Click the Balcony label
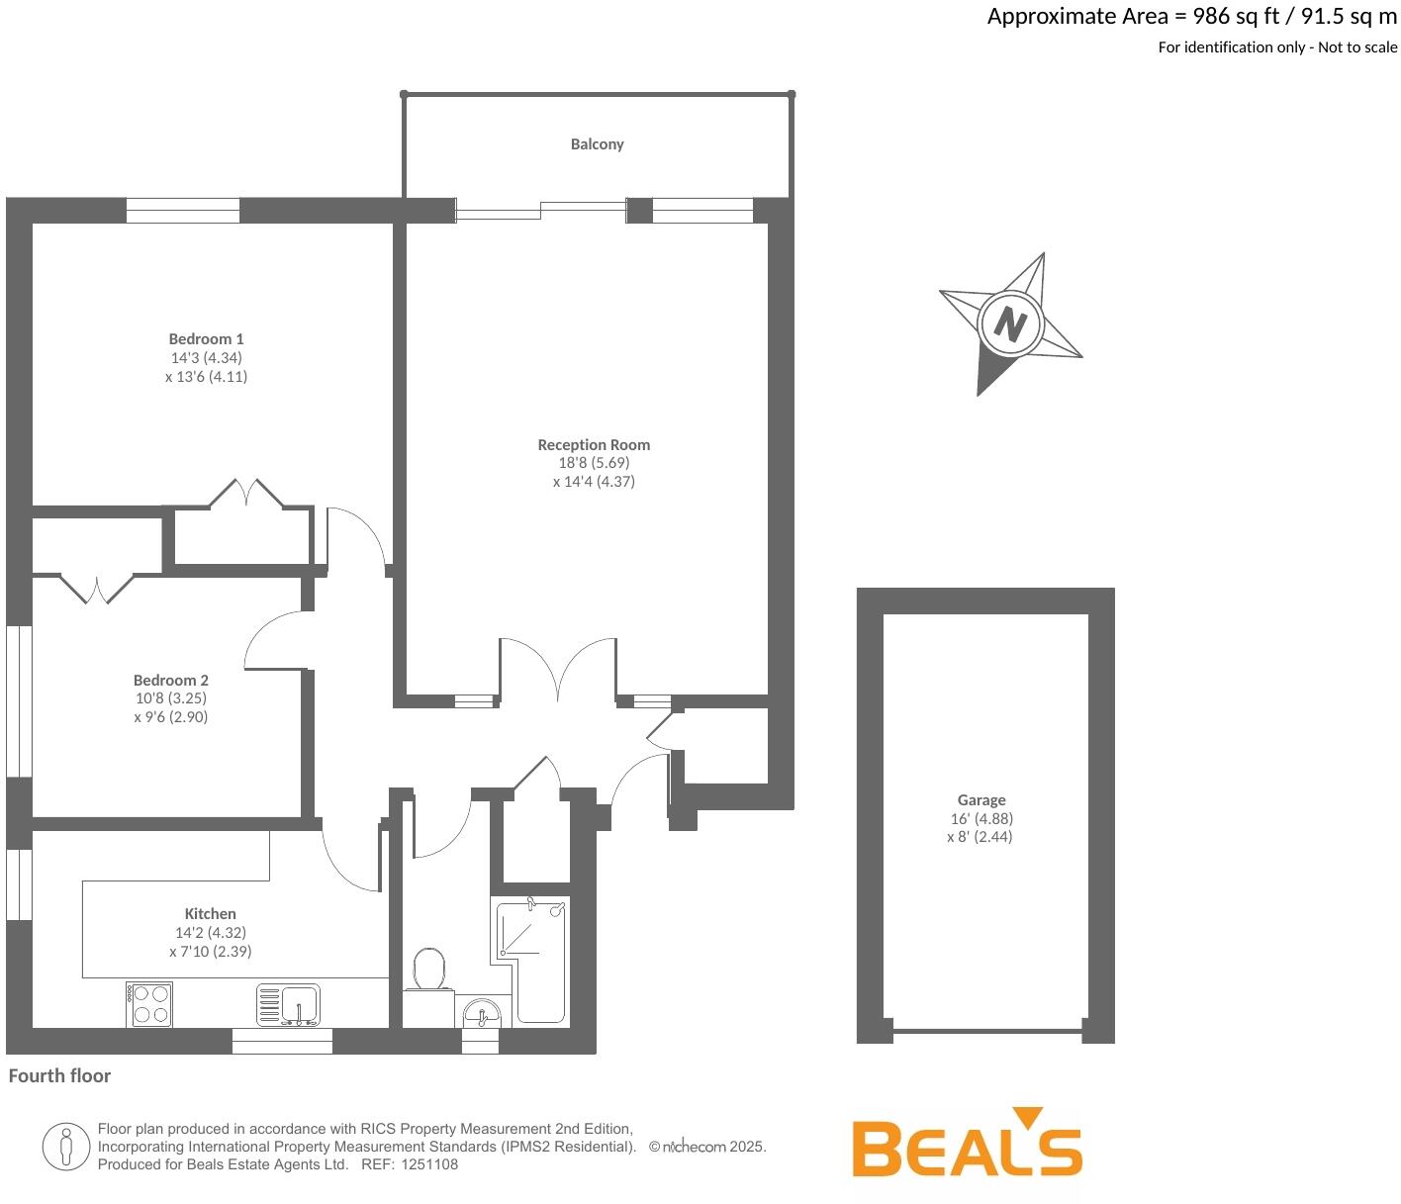click(x=597, y=144)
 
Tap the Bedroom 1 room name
click(x=206, y=338)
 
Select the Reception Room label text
click(x=594, y=445)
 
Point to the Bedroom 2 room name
click(x=171, y=680)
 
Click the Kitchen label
click(x=210, y=913)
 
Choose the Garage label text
click(x=981, y=799)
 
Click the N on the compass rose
click(x=1009, y=324)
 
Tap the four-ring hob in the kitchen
click(x=149, y=1004)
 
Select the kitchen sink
click(x=288, y=1004)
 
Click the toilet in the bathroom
click(x=429, y=971)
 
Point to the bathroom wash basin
click(x=482, y=1013)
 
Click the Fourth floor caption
click(x=59, y=1075)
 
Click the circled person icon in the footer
click(x=65, y=1147)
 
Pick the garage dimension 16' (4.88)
click(x=981, y=818)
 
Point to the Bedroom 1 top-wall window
click(x=183, y=211)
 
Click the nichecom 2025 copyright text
click(x=707, y=1147)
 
